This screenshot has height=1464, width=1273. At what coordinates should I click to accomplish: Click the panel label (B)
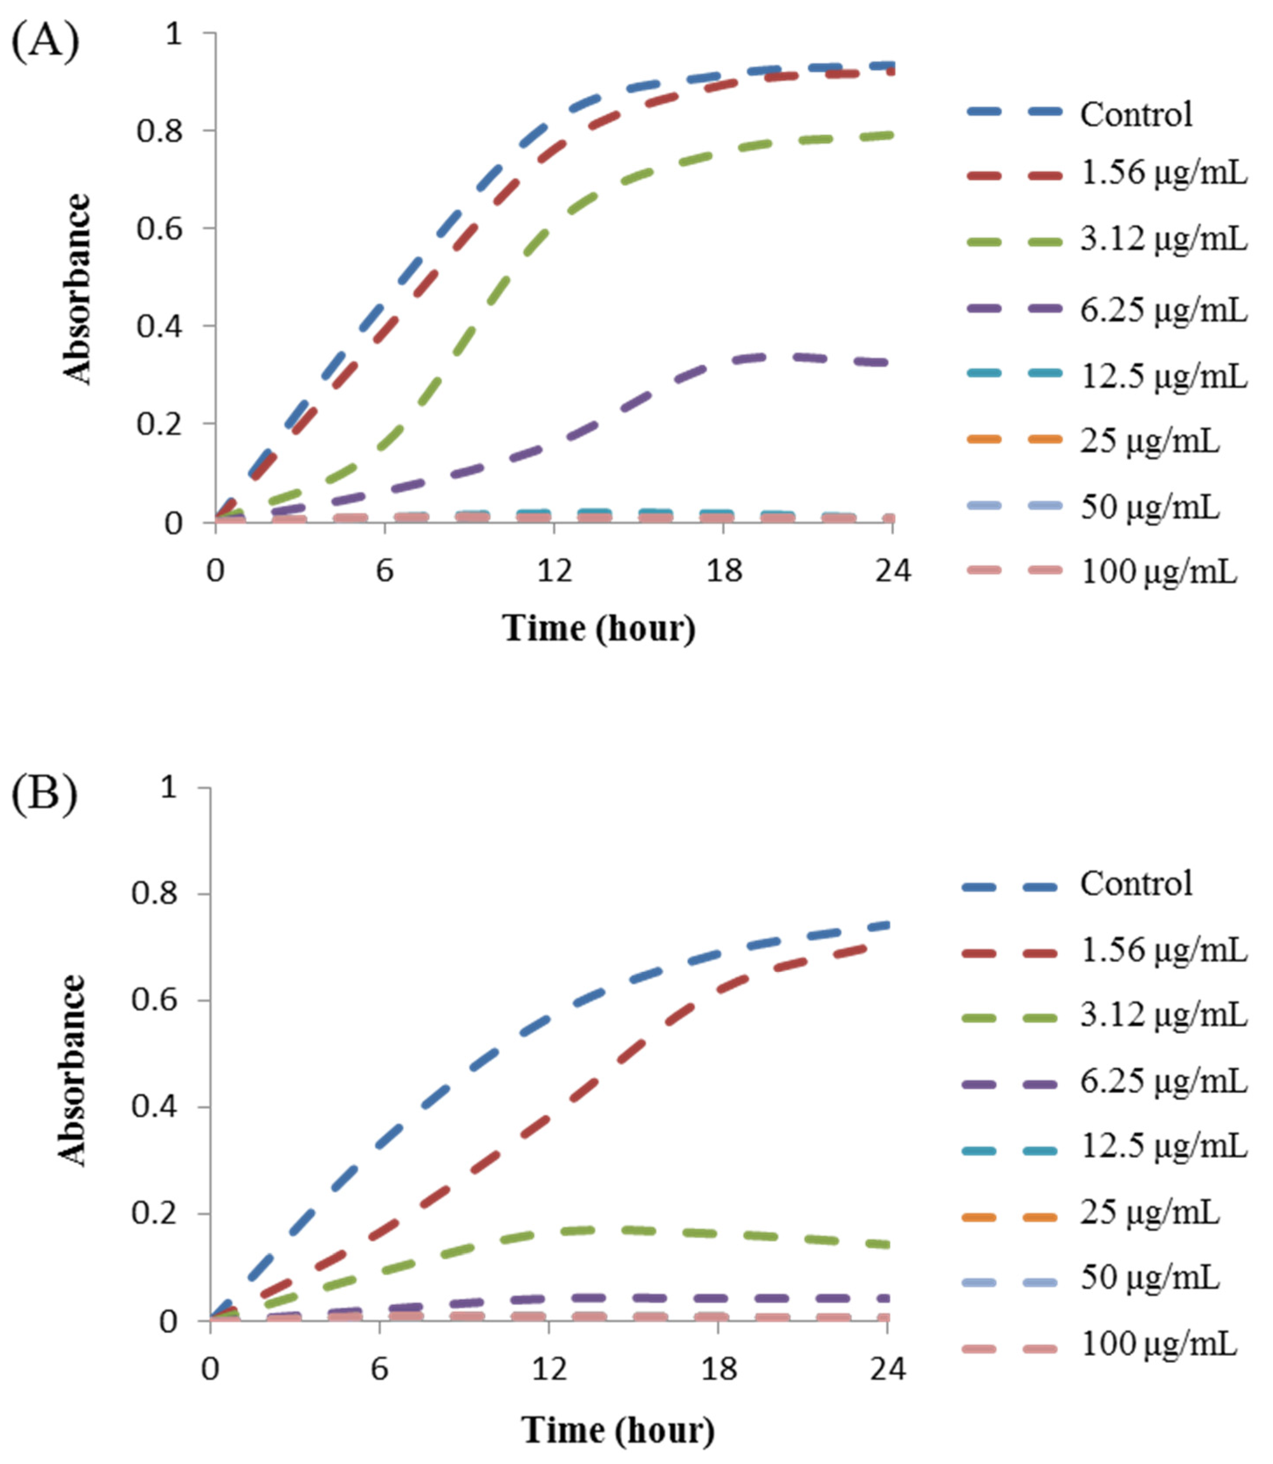click(44, 795)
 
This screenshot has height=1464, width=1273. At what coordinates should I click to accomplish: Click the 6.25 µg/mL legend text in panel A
click(1163, 310)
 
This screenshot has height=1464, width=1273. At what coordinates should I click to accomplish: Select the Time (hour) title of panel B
click(618, 1429)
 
